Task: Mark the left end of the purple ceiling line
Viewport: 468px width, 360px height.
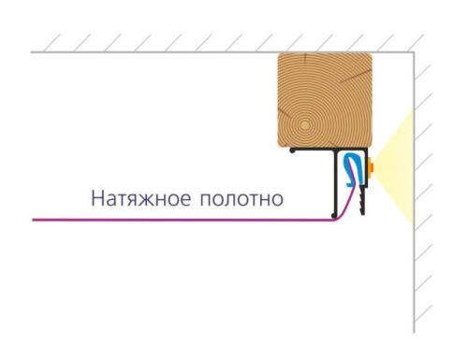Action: tap(34, 220)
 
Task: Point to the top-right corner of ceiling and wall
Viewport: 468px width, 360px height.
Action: tap(415, 52)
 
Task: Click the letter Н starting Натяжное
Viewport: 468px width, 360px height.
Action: tap(96, 198)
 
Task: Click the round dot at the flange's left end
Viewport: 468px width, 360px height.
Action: tap(293, 150)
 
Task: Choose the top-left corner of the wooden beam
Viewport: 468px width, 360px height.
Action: tap(280, 56)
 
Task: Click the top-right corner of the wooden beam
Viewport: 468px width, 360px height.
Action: tap(371, 56)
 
